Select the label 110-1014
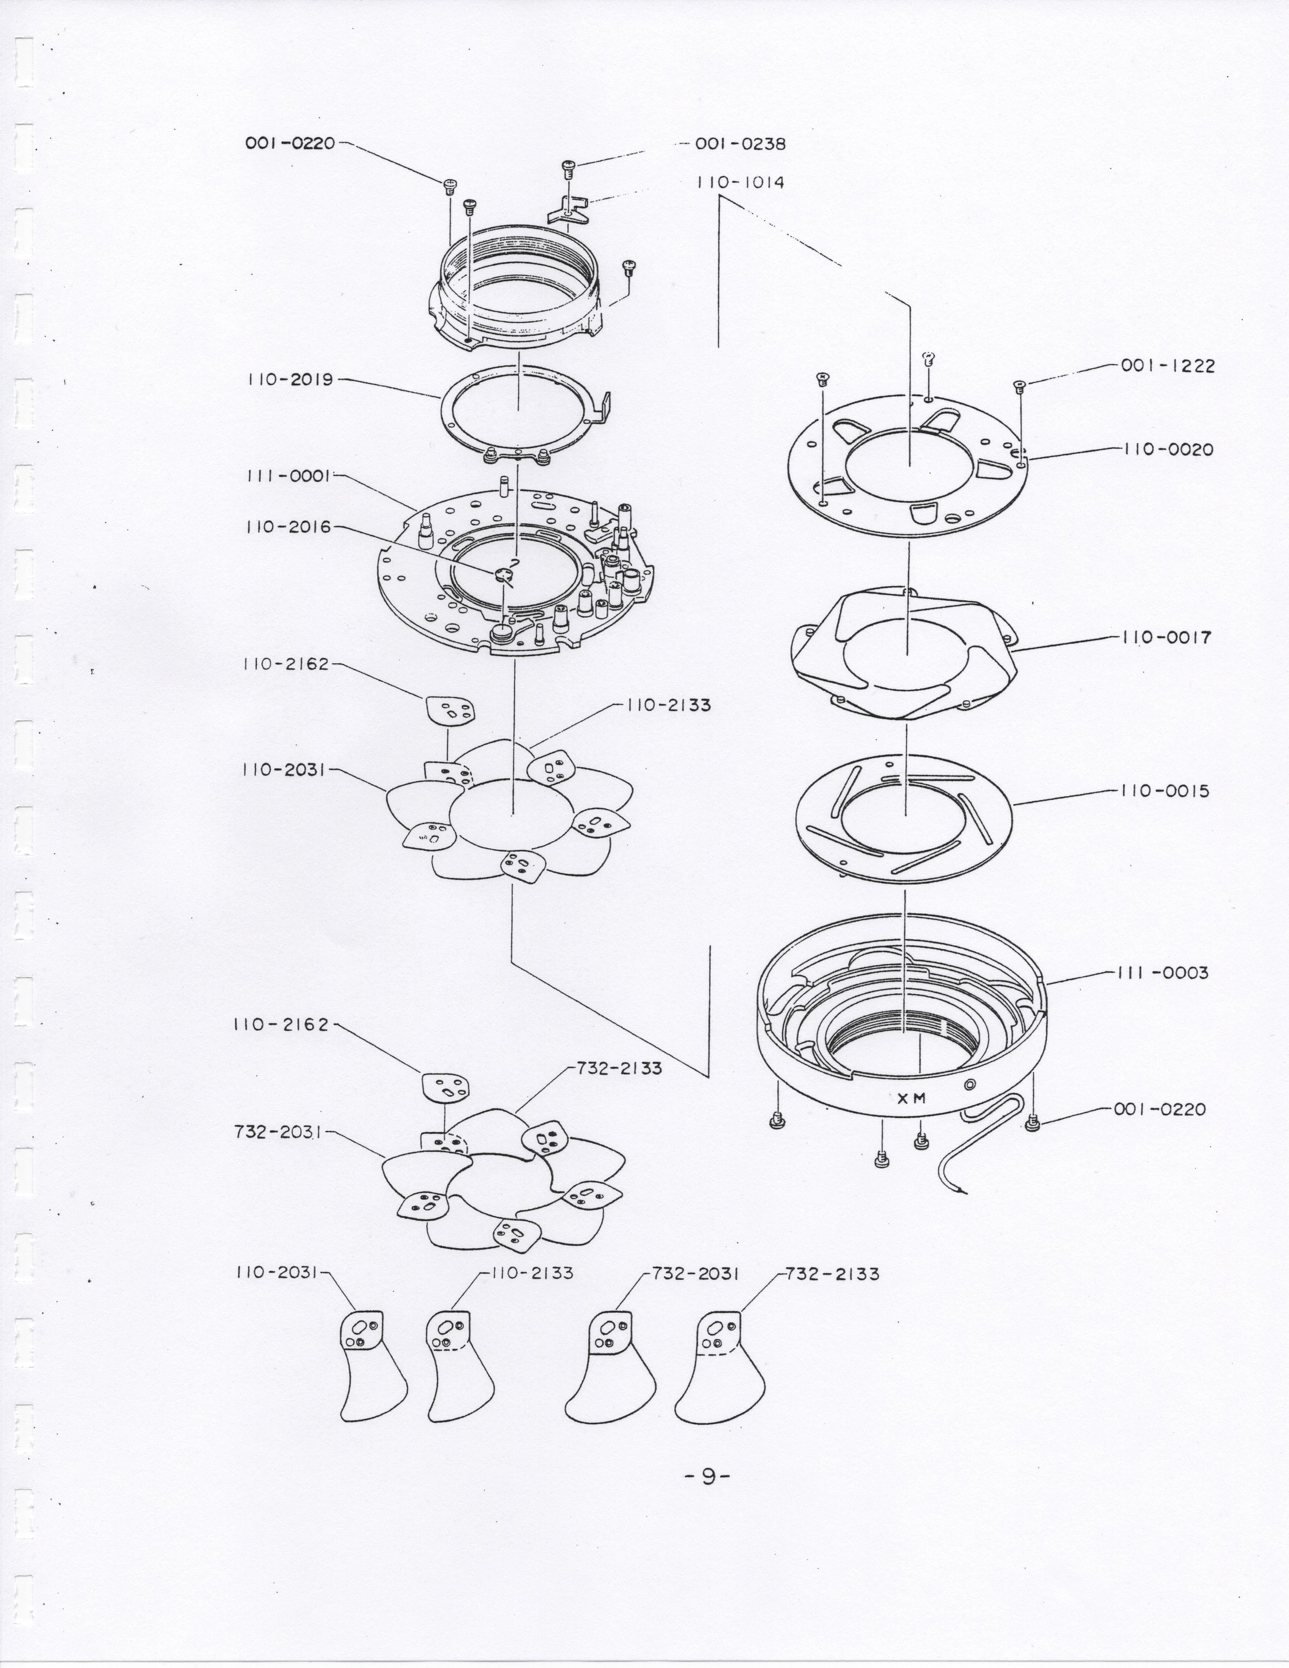pyautogui.click(x=740, y=183)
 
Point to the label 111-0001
pyautogui.click(x=287, y=476)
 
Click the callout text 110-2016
pyautogui.click(x=289, y=527)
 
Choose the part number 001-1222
pyautogui.click(x=1168, y=366)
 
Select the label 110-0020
pyautogui.click(x=1168, y=450)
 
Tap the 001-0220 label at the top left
pyautogui.click(x=290, y=143)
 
